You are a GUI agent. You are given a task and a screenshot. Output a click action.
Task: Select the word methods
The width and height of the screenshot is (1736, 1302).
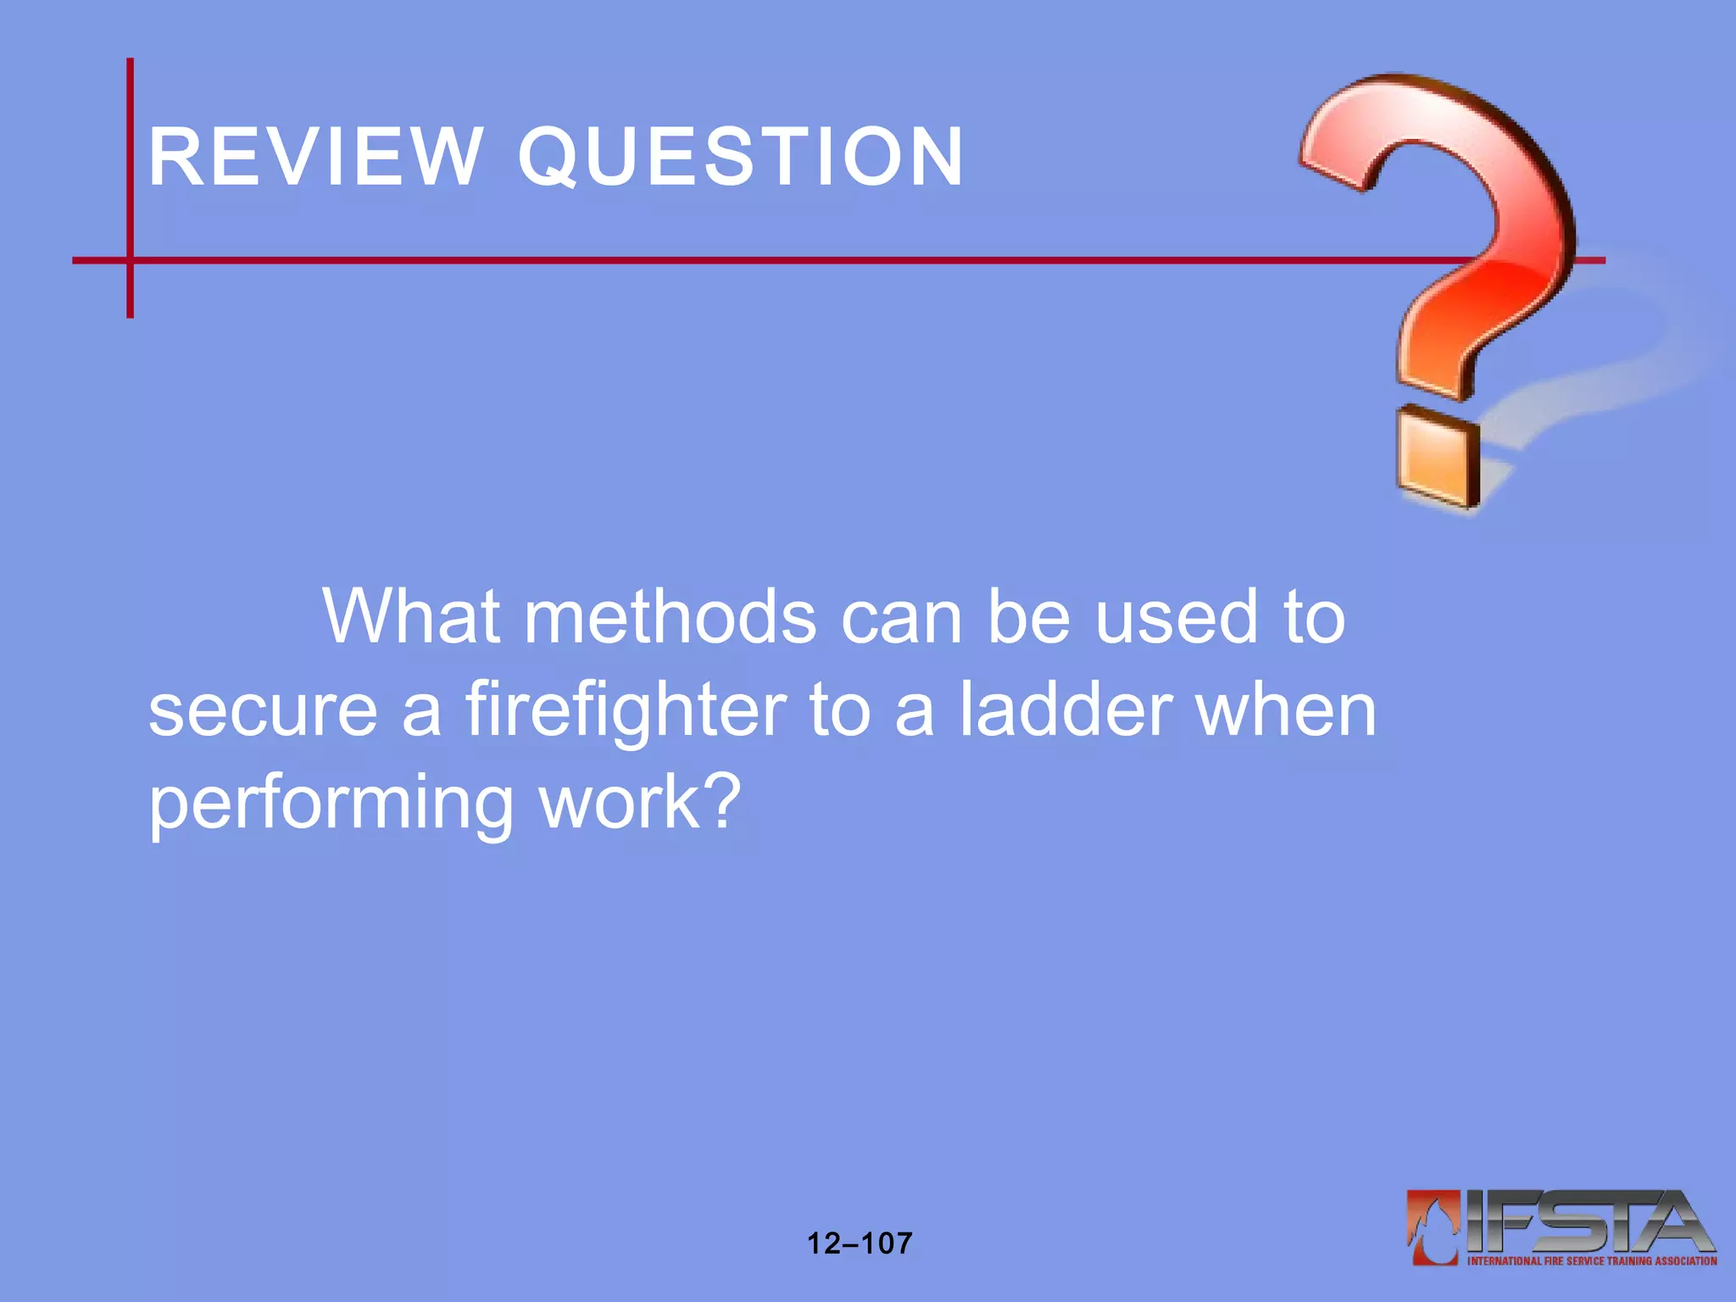pyautogui.click(x=670, y=616)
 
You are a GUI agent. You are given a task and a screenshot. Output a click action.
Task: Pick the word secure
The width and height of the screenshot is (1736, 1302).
pyautogui.click(x=263, y=710)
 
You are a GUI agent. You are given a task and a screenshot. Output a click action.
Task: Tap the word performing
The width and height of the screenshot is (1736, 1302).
pyautogui.click(x=331, y=803)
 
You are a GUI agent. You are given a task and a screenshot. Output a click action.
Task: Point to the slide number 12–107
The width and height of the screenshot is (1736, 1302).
pyautogui.click(x=860, y=1244)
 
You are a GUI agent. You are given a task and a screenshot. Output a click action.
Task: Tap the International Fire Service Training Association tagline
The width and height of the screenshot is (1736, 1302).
pyautogui.click(x=1592, y=1261)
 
